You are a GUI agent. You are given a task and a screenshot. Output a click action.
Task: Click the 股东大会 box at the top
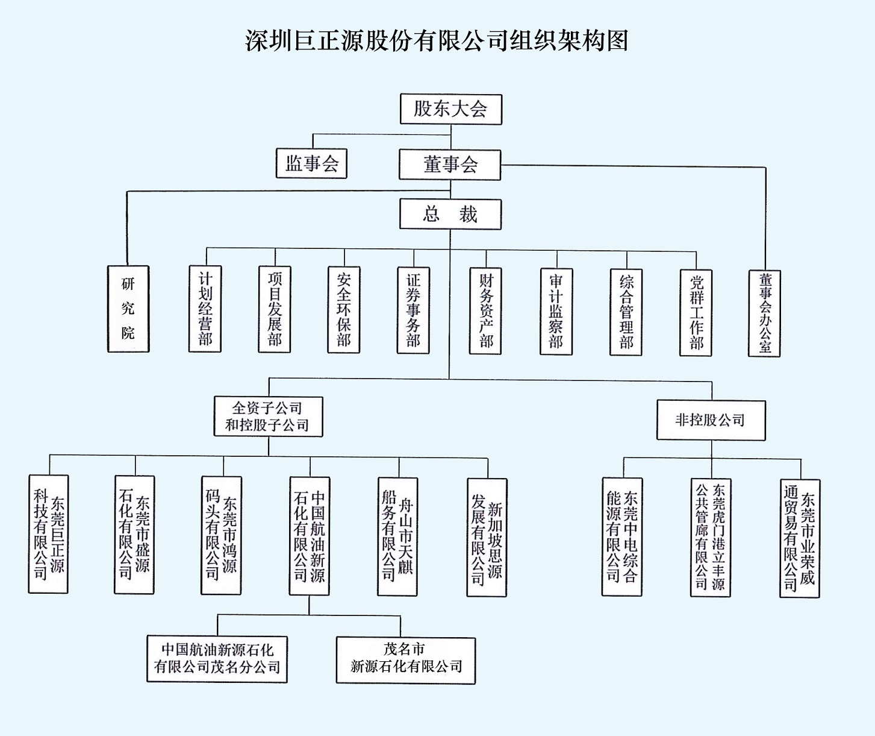(x=450, y=109)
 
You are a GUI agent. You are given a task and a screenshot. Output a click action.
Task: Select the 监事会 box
(x=311, y=163)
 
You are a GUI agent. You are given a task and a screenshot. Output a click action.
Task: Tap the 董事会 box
(x=450, y=165)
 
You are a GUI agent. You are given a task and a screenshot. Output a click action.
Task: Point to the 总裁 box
(x=450, y=215)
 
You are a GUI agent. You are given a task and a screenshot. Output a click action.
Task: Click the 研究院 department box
(x=128, y=309)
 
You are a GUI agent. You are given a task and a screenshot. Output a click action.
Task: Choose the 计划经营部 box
(x=205, y=309)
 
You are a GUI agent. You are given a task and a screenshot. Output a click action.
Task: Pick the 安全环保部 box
(x=344, y=310)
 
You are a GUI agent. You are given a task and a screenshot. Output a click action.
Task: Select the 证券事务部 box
(x=413, y=310)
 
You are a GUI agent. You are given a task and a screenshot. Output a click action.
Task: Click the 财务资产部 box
(x=485, y=311)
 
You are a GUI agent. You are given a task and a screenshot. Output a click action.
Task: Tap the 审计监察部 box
(x=556, y=312)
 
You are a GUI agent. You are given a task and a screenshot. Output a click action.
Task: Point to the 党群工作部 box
(x=696, y=312)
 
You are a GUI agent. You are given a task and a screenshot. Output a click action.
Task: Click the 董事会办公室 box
(x=765, y=313)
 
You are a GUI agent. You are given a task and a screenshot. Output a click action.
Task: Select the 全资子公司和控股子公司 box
(x=268, y=417)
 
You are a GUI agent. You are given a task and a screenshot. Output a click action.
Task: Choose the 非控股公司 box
(x=711, y=420)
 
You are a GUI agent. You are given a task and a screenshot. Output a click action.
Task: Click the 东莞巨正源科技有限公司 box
(x=48, y=534)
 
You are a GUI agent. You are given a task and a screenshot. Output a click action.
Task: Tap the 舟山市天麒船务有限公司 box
(x=397, y=537)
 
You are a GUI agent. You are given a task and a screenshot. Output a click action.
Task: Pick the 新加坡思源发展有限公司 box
(x=487, y=538)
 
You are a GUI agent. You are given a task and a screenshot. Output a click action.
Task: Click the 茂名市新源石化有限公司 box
(x=406, y=659)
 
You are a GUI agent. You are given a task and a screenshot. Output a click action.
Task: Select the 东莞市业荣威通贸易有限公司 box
(x=800, y=538)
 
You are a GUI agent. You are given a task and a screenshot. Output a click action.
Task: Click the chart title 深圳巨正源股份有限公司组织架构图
(x=437, y=41)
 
